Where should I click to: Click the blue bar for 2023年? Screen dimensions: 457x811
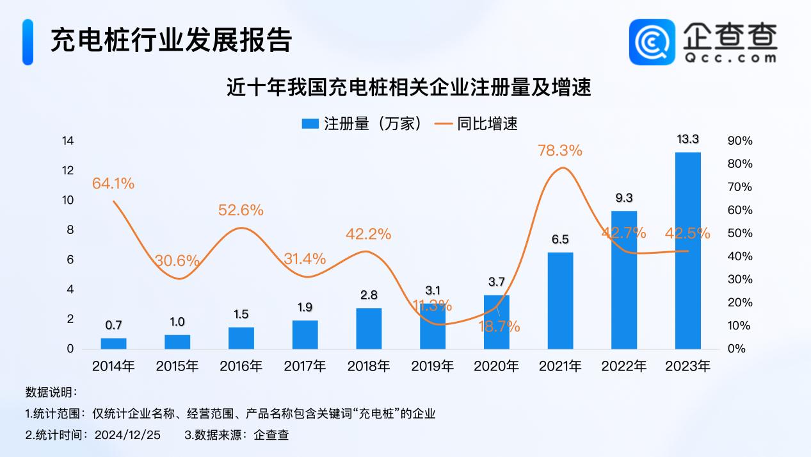tap(688, 251)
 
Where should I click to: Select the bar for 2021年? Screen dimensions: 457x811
tap(561, 301)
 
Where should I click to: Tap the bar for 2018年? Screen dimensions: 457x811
tap(369, 328)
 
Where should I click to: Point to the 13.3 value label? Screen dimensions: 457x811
tap(688, 140)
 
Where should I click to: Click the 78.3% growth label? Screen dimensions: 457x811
tap(561, 151)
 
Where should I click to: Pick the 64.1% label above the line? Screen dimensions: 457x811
tap(113, 184)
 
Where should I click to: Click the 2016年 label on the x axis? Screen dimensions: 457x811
tap(241, 367)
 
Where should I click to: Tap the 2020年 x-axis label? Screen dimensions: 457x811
tap(495, 367)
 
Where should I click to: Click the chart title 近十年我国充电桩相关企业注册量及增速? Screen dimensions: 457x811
tap(408, 87)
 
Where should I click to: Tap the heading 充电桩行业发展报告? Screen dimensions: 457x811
tap(172, 40)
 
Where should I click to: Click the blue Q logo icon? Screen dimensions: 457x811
tap(652, 42)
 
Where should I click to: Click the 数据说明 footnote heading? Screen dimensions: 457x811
tap(51, 392)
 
